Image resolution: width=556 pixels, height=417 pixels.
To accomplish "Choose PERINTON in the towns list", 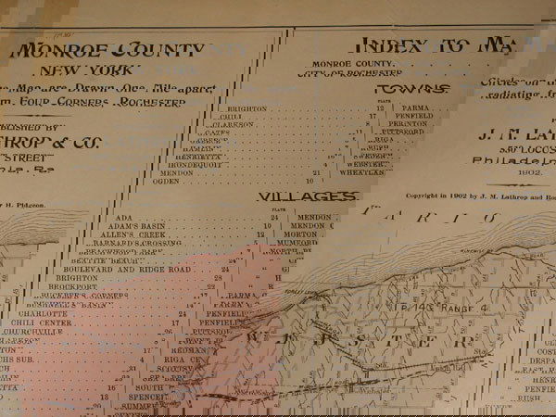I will coord(407,122).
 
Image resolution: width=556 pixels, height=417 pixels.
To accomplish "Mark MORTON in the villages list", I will coord(306,234).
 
